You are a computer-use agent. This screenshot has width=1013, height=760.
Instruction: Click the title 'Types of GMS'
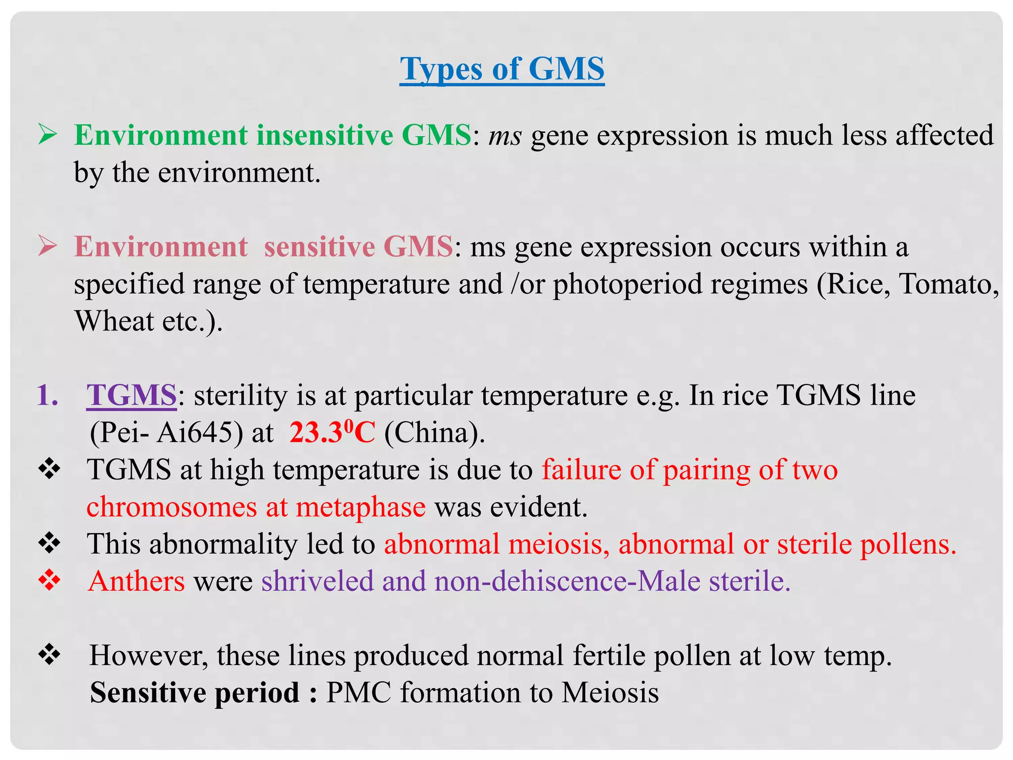click(x=502, y=69)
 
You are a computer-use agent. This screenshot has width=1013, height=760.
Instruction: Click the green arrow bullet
click(x=48, y=135)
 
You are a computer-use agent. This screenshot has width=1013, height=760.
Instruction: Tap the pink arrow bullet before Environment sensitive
click(x=48, y=246)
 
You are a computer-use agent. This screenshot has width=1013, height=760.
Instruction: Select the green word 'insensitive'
click(x=324, y=135)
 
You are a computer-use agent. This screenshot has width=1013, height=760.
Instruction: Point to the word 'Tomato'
click(x=948, y=285)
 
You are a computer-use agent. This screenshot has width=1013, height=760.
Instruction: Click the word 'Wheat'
click(x=114, y=321)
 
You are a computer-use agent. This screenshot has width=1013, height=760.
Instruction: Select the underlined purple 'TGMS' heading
click(x=131, y=395)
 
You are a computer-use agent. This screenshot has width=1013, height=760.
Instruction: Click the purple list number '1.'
click(x=47, y=395)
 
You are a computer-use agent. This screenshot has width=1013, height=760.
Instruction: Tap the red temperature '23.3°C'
click(x=332, y=432)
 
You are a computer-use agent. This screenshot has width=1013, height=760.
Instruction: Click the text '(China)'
click(x=434, y=433)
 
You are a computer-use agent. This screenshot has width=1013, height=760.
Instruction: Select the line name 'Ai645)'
click(x=200, y=433)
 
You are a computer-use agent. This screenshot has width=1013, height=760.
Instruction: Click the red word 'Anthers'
click(x=137, y=581)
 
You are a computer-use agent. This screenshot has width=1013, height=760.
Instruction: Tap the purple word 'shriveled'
click(x=317, y=581)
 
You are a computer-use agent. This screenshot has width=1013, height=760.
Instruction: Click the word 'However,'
click(x=148, y=656)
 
